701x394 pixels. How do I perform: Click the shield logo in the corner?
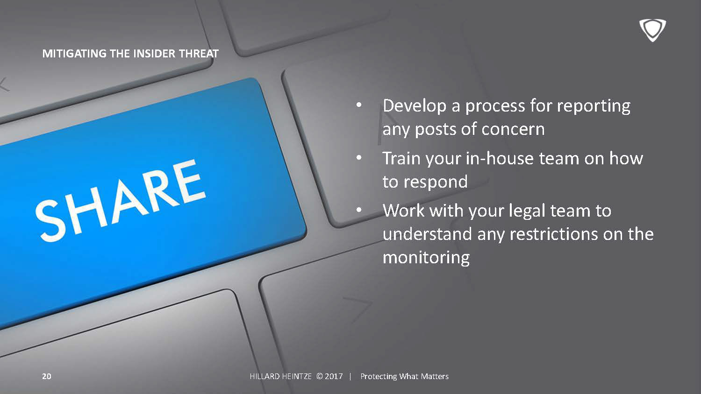point(652,30)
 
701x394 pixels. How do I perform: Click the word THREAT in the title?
point(199,54)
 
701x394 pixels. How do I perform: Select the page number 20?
point(47,376)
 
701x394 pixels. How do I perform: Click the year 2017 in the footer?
point(334,376)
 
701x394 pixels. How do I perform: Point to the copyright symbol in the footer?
point(319,376)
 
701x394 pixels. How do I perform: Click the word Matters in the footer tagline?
point(435,376)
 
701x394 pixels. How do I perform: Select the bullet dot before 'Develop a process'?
point(359,105)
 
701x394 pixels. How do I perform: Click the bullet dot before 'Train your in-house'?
point(359,158)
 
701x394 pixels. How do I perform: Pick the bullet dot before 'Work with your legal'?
point(359,210)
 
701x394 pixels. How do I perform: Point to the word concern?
point(513,129)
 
